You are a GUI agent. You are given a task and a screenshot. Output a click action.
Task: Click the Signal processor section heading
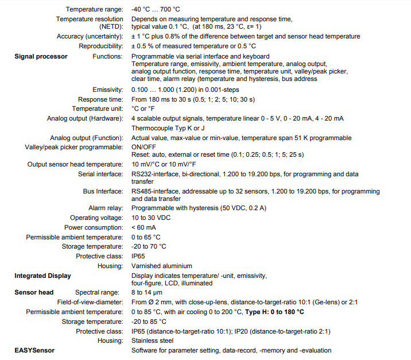coord(41,56)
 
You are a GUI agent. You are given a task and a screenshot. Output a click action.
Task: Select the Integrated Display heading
coord(42,276)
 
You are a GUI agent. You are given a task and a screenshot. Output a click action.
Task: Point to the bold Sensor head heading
coord(34,292)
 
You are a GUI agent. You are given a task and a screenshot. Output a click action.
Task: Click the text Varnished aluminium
coord(162,266)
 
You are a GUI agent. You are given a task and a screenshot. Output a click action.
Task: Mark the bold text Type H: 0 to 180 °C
coord(274,312)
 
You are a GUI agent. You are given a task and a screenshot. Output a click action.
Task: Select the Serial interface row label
coord(100,173)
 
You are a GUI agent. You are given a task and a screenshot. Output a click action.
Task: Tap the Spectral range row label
coord(99,292)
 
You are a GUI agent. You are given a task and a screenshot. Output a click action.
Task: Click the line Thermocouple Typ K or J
coord(168,127)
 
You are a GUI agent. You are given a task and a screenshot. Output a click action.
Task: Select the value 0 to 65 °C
coord(146,237)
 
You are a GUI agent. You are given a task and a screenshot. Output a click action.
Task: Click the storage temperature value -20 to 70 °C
coord(149,246)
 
